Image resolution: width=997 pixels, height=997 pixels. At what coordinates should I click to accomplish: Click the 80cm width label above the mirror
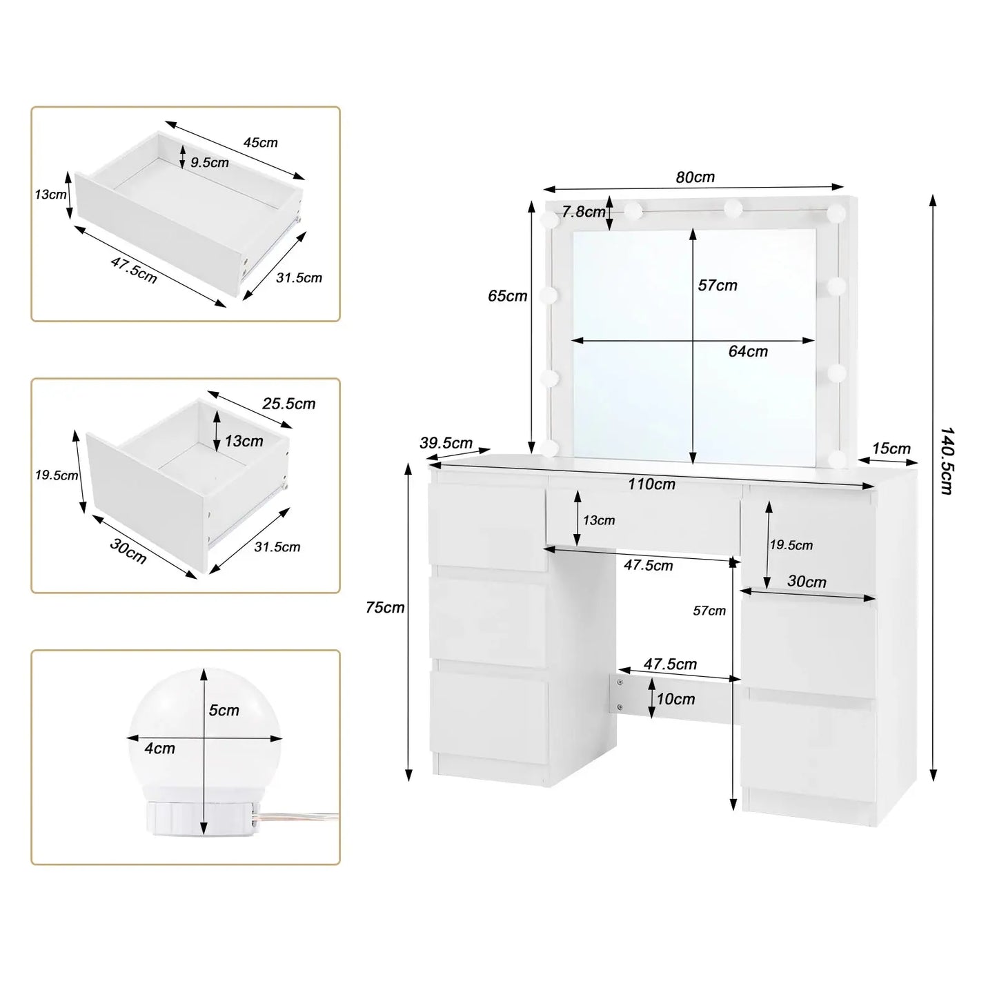pyautogui.click(x=695, y=177)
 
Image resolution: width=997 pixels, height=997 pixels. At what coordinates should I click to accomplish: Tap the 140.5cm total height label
pyautogui.click(x=947, y=460)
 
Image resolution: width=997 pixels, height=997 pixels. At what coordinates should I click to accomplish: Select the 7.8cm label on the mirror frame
pyautogui.click(x=583, y=212)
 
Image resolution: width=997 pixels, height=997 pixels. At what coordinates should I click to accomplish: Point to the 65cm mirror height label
pyautogui.click(x=507, y=296)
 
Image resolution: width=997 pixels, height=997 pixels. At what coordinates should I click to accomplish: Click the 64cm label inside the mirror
pyautogui.click(x=748, y=352)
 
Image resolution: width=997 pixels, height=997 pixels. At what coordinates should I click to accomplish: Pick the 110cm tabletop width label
pyautogui.click(x=651, y=484)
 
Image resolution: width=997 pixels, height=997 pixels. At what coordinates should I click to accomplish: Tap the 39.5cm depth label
pyautogui.click(x=446, y=443)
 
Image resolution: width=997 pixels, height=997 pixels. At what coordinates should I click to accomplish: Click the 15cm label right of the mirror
pyautogui.click(x=891, y=448)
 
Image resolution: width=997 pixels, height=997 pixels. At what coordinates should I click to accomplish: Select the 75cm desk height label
pyautogui.click(x=385, y=608)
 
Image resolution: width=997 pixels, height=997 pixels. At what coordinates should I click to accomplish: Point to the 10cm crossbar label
pyautogui.click(x=675, y=699)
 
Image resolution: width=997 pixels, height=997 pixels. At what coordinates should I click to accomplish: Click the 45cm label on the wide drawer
pyautogui.click(x=260, y=143)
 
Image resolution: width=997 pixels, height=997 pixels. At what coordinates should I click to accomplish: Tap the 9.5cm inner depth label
pyautogui.click(x=209, y=163)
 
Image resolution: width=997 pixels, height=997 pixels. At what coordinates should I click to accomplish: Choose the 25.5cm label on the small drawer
pyautogui.click(x=288, y=404)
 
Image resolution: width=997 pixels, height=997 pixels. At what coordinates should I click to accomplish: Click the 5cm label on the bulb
pyautogui.click(x=224, y=711)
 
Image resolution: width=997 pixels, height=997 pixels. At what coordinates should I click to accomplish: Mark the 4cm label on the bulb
pyautogui.click(x=159, y=749)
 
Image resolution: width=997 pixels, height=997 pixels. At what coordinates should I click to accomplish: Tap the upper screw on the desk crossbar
pyautogui.click(x=620, y=682)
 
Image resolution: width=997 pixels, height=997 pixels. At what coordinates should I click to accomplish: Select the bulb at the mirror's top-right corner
pyautogui.click(x=837, y=211)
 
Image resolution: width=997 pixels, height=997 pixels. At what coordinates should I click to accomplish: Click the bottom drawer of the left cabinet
pyautogui.click(x=490, y=718)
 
